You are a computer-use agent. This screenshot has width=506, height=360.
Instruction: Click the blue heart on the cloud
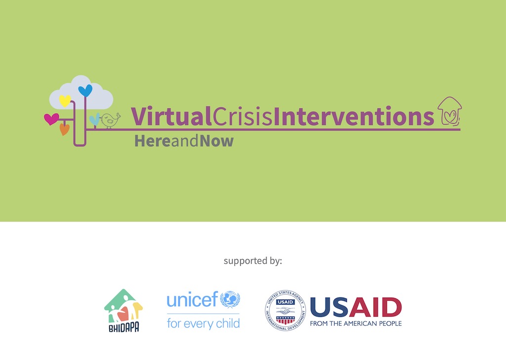click(x=85, y=90)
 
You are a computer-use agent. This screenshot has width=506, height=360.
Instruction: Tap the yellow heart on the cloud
click(x=65, y=101)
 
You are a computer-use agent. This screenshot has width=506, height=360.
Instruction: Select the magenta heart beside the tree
click(x=51, y=119)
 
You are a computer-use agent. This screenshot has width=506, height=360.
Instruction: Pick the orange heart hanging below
click(x=65, y=129)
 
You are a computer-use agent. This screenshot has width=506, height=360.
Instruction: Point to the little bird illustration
click(x=110, y=120)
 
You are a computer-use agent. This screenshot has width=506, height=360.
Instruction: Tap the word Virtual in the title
click(x=171, y=116)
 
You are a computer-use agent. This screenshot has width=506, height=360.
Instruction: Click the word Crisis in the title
click(x=243, y=116)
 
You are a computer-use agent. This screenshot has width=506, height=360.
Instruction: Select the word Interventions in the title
click(x=354, y=116)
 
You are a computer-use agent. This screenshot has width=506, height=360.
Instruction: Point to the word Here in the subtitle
click(x=152, y=141)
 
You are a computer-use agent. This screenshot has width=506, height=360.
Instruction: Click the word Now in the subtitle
click(x=216, y=141)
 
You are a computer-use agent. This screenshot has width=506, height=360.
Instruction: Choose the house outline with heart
click(x=450, y=111)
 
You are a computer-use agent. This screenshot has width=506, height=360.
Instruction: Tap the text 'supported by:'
click(x=253, y=261)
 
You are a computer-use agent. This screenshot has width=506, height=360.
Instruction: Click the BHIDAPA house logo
click(x=124, y=311)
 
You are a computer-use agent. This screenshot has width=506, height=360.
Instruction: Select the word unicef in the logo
click(x=192, y=300)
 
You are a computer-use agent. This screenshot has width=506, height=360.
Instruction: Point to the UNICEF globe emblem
click(x=230, y=299)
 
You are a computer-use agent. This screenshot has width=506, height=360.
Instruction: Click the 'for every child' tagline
click(x=203, y=323)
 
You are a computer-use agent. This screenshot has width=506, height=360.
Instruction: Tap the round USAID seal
click(x=285, y=310)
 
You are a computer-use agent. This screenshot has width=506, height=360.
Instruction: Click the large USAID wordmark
click(x=356, y=307)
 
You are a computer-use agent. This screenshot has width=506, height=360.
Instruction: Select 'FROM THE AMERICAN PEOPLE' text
click(x=356, y=323)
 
